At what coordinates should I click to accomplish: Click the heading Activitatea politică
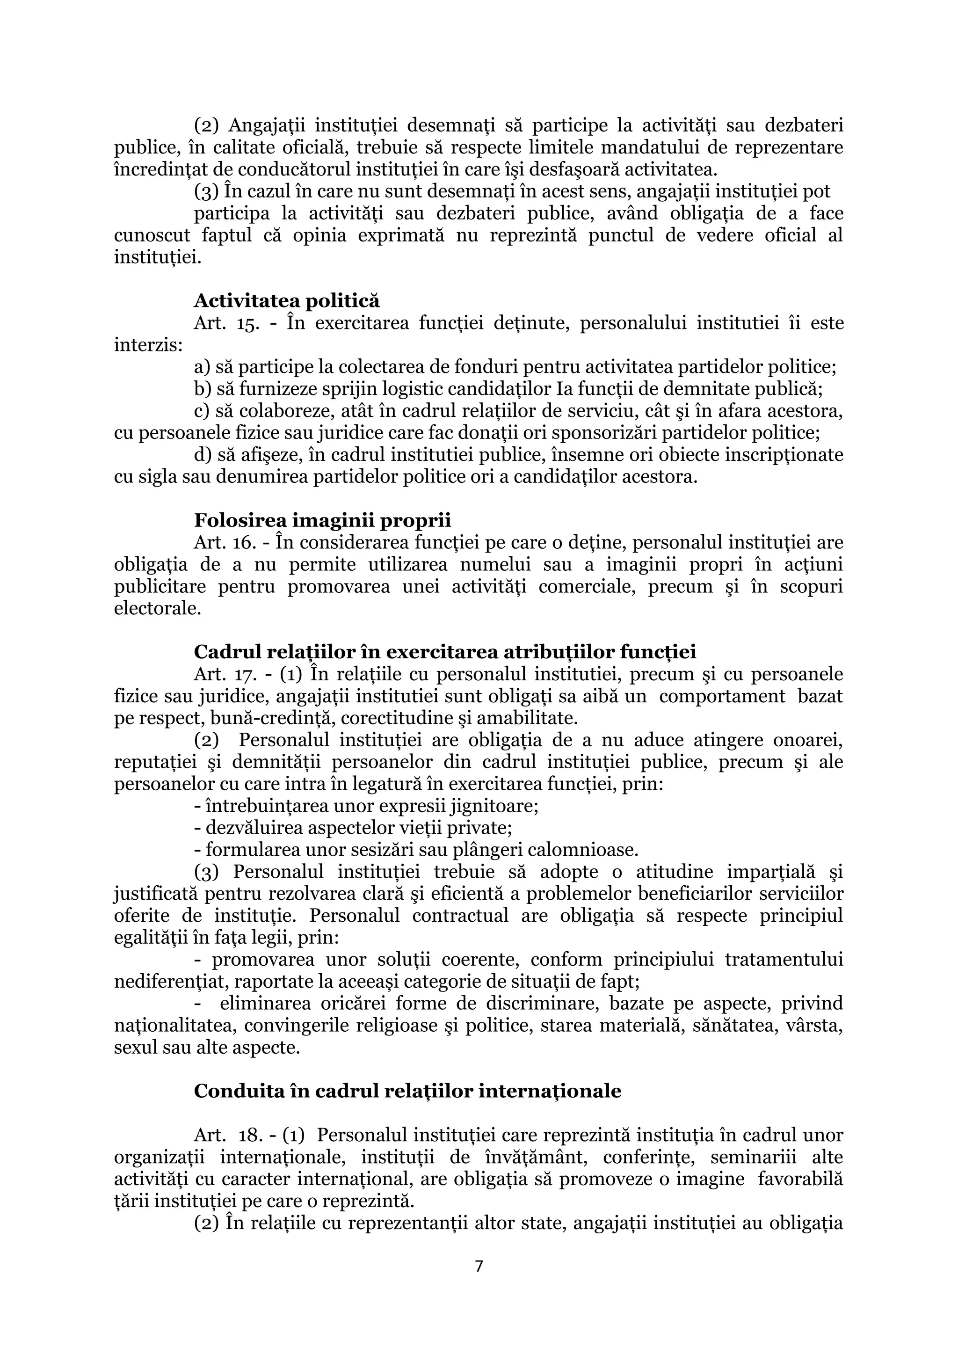coord(287,301)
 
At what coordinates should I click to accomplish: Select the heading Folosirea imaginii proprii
coord(322,520)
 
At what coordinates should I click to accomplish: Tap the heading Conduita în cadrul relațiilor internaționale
coord(407,1091)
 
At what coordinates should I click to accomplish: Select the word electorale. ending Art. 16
coord(158,608)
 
